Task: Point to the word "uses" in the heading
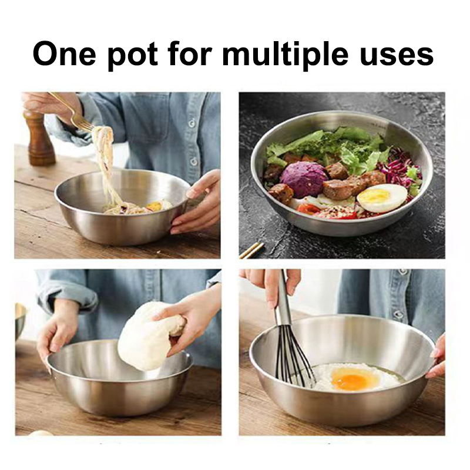pyautogui.click(x=397, y=56)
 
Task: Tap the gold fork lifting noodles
pyautogui.click(x=71, y=111)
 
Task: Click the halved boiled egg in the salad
pyautogui.click(x=382, y=198)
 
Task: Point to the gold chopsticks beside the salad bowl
pyautogui.click(x=251, y=250)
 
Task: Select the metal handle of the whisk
pyautogui.click(x=283, y=299)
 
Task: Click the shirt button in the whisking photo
pyautogui.click(x=398, y=314)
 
